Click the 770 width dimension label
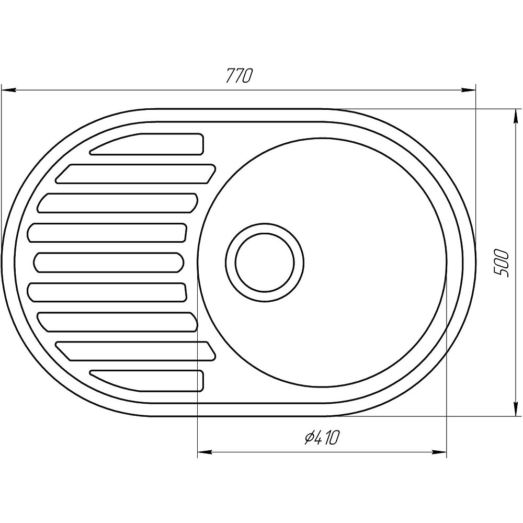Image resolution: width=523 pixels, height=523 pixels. coord(240,76)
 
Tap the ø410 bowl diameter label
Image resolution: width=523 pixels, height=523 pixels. coord(322,437)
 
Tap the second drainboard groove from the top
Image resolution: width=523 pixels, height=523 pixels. coord(136,174)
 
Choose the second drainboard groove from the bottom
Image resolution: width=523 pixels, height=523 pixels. coord(136,351)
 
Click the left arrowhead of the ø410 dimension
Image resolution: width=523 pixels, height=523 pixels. coord(204,451)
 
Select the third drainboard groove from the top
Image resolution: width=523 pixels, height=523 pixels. coord(118,203)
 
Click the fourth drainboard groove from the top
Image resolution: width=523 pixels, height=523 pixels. coord(107,233)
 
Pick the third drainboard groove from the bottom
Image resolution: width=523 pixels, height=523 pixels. coord(118,321)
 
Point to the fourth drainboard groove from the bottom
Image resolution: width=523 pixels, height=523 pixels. coord(107,292)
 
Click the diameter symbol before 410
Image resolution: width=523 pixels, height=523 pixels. coord(308,437)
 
